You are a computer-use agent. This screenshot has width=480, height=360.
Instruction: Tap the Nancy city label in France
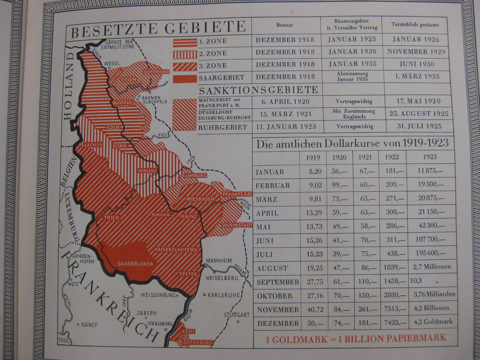pos(89,325)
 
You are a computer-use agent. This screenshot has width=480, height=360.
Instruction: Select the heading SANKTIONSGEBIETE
pos(258,90)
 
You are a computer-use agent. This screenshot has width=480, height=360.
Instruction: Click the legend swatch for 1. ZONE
pos(185,42)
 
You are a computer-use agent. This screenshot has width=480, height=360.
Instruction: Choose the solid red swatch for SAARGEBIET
pos(185,78)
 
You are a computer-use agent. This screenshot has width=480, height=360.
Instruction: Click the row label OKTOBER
pos(274,296)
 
